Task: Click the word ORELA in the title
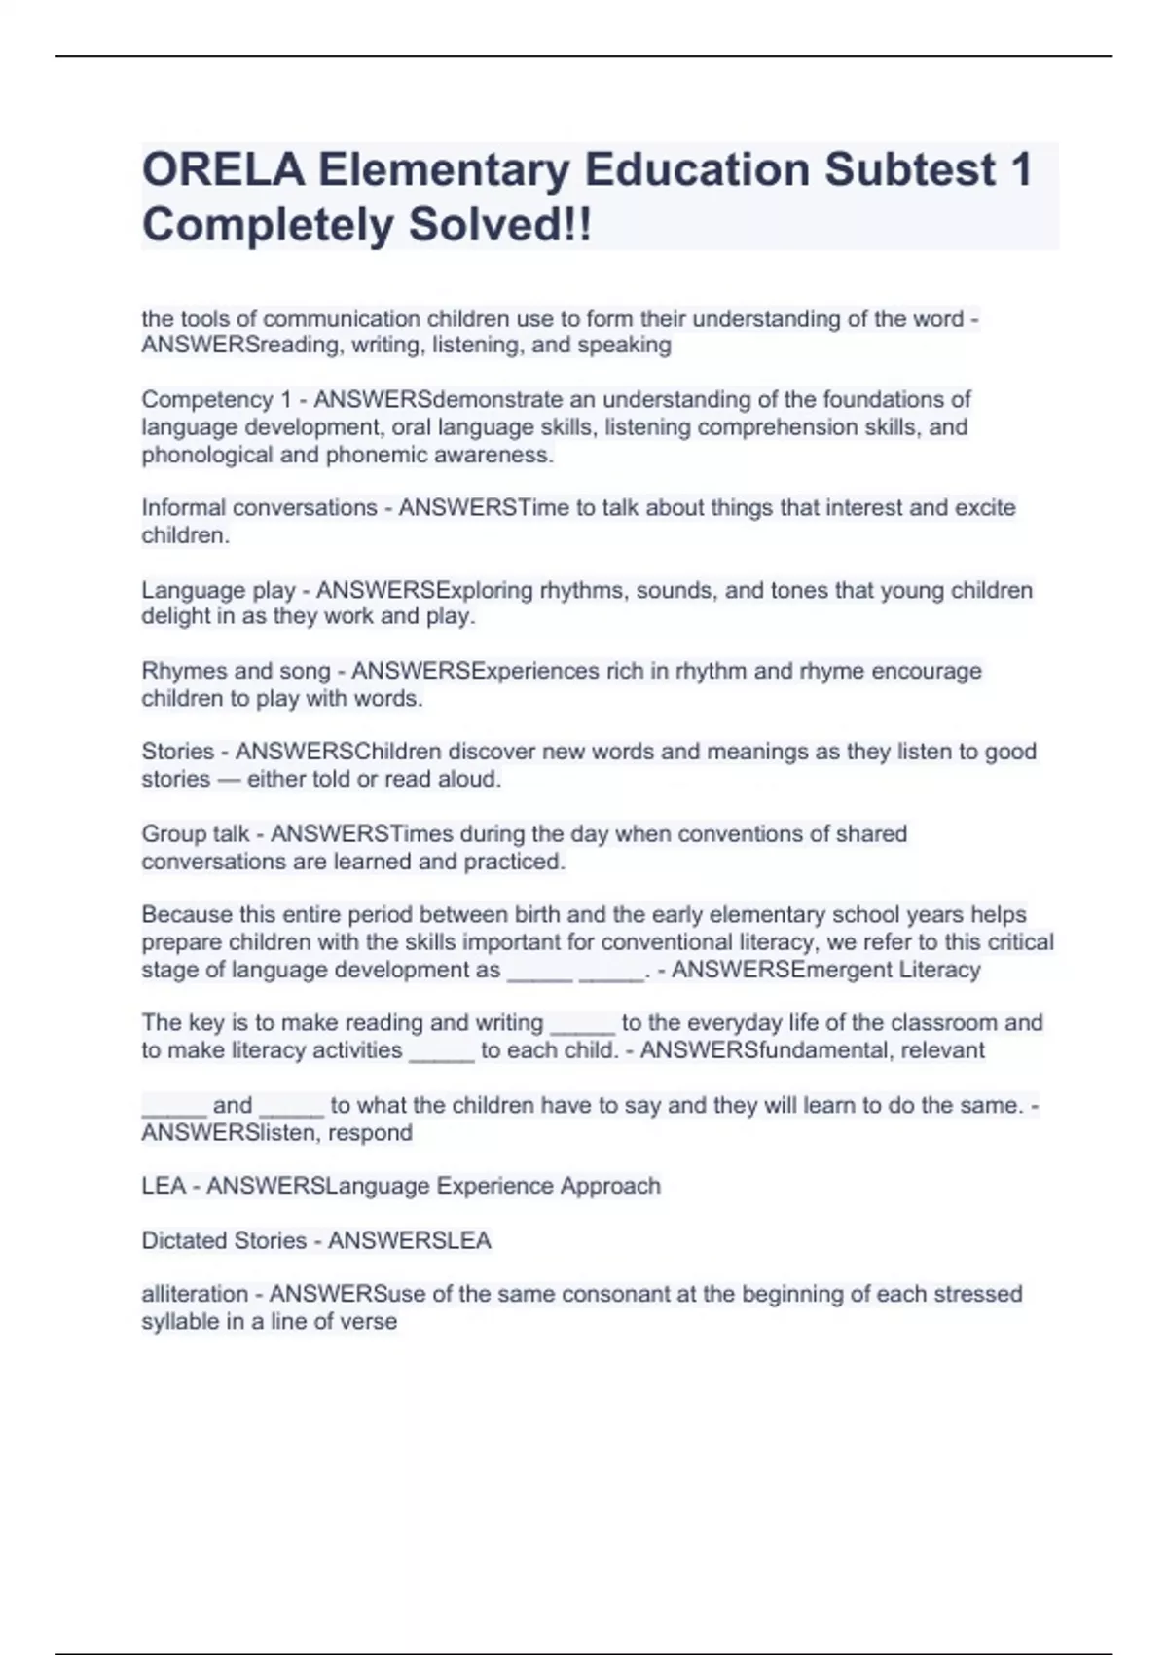pyautogui.click(x=223, y=170)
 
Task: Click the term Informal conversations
pyautogui.click(x=259, y=508)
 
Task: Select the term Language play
pyautogui.click(x=218, y=590)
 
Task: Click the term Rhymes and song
pyautogui.click(x=237, y=671)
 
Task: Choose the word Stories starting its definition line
pyautogui.click(x=177, y=752)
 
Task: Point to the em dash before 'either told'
pyautogui.click(x=229, y=779)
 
